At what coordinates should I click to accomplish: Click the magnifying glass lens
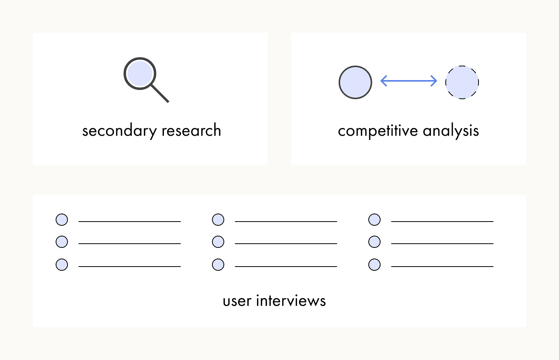coord(140,74)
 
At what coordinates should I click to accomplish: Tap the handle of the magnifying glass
coord(160,94)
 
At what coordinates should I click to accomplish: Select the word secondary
coord(119,130)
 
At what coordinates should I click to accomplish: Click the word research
coord(191,130)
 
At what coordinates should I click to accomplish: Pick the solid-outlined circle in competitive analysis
coord(355,82)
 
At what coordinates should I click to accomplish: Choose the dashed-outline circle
coord(462,82)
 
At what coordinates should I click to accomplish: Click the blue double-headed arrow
coord(409,81)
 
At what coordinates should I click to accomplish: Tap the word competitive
coord(378,131)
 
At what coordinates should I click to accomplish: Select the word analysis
coord(451,130)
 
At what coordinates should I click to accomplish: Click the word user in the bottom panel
coord(237,301)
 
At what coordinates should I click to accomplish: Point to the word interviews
coord(291,301)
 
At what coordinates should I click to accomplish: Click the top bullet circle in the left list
coord(62,220)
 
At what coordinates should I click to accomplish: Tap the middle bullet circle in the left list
coord(62,242)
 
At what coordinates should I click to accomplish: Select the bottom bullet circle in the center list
coord(218,265)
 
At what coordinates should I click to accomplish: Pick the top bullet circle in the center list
coord(218,220)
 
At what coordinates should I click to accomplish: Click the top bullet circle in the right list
coord(374,220)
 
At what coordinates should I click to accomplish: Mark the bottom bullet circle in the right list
coord(374,265)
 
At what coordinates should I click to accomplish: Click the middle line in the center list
coord(286,243)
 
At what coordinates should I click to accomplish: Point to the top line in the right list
coord(442,222)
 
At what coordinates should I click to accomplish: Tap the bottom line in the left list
coord(130,267)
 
